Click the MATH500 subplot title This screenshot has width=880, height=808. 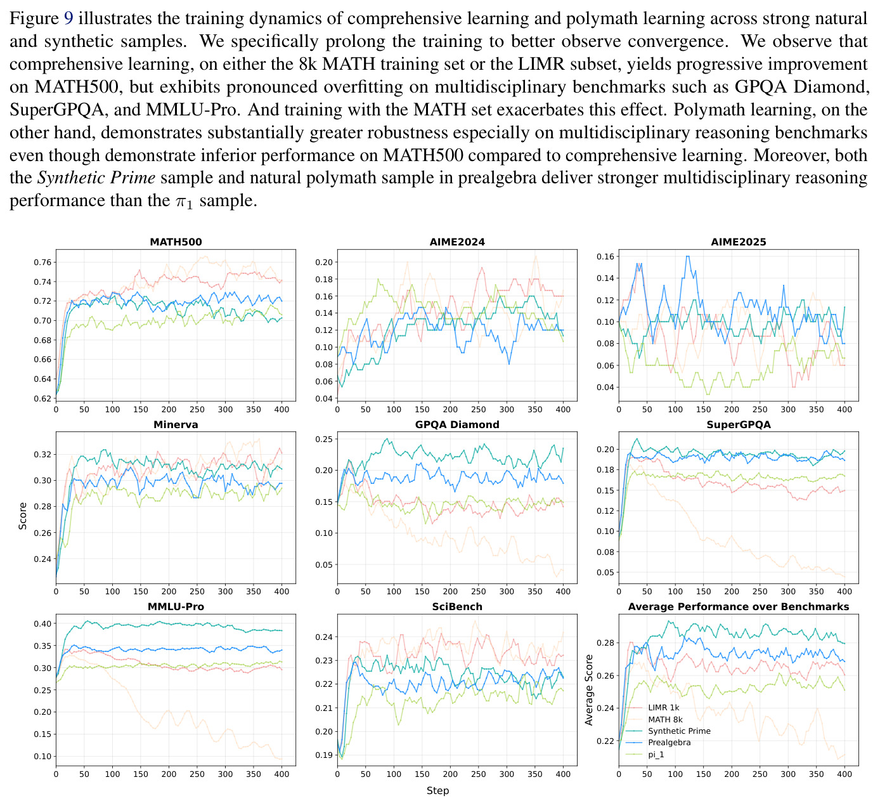click(176, 242)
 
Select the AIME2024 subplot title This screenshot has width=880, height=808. click(457, 242)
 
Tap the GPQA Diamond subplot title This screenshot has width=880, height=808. click(457, 424)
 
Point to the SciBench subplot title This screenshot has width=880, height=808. click(457, 606)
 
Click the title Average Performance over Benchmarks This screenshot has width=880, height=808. click(739, 606)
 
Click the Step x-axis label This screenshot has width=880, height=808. click(437, 790)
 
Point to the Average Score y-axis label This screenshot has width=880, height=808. click(589, 689)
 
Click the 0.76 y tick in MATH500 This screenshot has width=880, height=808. click(42, 263)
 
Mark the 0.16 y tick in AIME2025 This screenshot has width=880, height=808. click(605, 256)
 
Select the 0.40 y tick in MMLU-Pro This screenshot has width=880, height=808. click(42, 623)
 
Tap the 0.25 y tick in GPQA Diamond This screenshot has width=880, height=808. click(324, 440)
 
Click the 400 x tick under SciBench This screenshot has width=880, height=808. click(563, 774)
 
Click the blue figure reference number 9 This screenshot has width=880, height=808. click(69, 18)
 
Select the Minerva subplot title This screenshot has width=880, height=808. click(176, 424)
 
